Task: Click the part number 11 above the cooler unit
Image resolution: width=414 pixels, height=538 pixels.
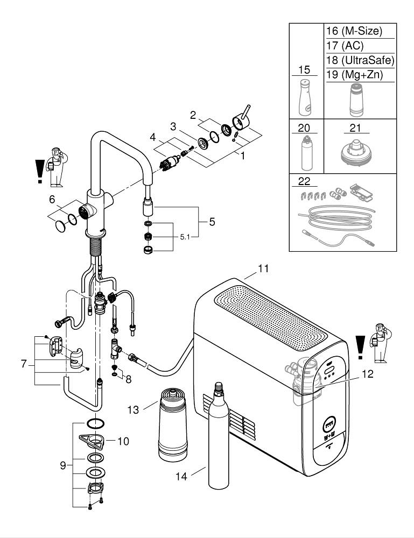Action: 263,268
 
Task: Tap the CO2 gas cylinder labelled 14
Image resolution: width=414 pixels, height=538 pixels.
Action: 219,435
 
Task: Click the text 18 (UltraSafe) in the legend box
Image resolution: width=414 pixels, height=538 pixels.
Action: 360,60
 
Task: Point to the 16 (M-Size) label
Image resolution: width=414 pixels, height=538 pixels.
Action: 354,31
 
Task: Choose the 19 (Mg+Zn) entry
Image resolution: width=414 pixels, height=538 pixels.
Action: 354,74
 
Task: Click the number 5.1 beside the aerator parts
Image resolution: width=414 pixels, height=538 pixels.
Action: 185,237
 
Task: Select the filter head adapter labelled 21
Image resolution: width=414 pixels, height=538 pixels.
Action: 356,152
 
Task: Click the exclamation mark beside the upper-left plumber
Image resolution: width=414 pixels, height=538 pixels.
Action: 40,171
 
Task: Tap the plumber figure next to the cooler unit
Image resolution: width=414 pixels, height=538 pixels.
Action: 380,343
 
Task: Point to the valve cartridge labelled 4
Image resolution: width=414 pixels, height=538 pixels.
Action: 170,164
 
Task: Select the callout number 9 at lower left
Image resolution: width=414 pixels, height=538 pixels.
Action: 63,465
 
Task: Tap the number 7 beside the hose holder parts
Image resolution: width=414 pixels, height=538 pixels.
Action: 24,364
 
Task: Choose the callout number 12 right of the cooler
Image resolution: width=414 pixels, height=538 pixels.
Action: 368,374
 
